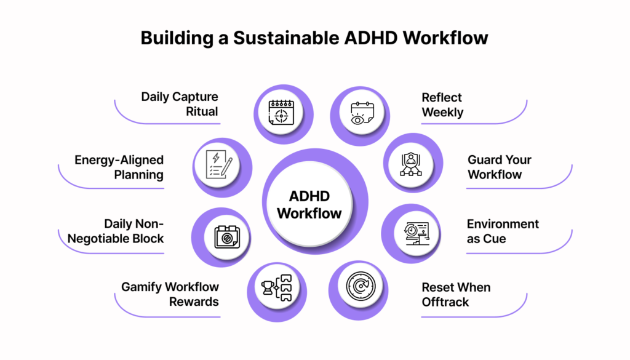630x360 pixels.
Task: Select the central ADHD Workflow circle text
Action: point(309,204)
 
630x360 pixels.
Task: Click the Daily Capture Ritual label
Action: point(179,104)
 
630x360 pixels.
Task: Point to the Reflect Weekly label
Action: point(442,105)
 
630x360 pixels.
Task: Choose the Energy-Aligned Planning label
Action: point(119,167)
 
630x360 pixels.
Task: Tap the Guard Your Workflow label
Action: point(499,167)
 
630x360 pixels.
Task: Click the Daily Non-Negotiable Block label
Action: point(116,231)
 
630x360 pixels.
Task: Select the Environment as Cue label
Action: point(503,231)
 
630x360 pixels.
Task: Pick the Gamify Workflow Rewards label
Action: point(170,294)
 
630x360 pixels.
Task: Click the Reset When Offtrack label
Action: point(456,295)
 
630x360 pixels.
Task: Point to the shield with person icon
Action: point(410,164)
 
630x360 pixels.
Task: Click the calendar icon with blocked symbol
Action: point(227,237)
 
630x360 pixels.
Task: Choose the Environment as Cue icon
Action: point(417,233)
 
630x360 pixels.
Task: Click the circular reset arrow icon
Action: point(361,286)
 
